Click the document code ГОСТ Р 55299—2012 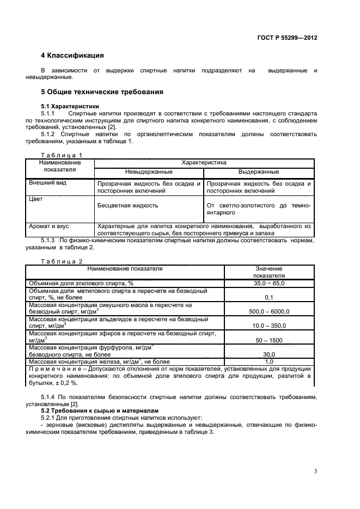click(x=287, y=38)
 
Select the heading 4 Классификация click(x=72, y=56)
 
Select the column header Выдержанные click(x=259, y=171)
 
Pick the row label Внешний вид click(x=47, y=183)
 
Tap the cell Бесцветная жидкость click(x=128, y=206)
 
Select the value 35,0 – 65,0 click(x=269, y=284)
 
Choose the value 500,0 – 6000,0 click(x=269, y=312)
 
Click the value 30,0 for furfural click(x=269, y=354)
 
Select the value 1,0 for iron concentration click(x=269, y=361)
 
